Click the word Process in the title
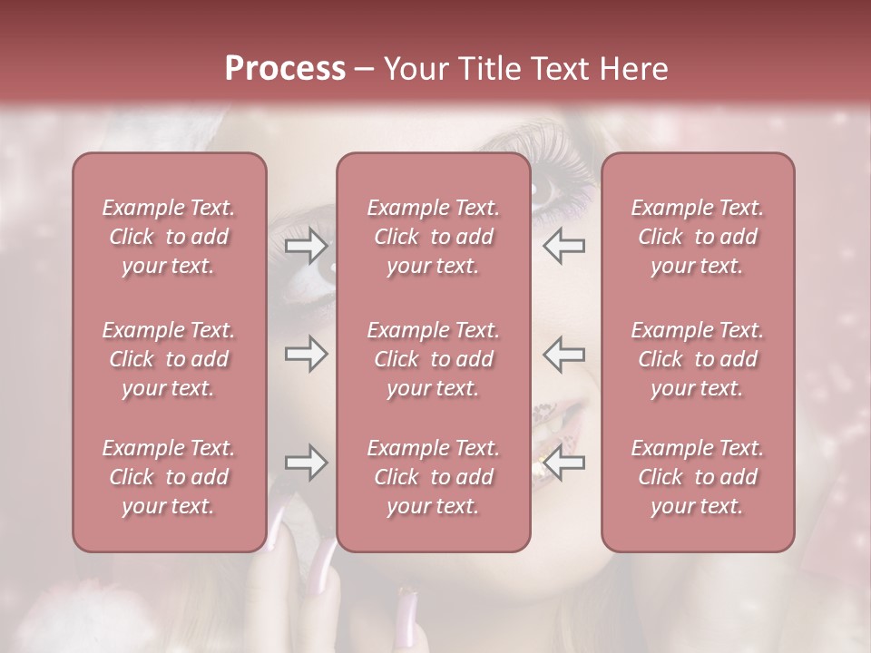coord(285,69)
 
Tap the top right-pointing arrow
coord(306,245)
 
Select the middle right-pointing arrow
coord(306,354)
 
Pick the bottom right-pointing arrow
coord(306,463)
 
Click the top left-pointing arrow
coord(564,245)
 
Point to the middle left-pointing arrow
coord(564,354)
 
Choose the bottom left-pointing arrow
coord(564,463)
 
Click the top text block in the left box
coord(169,237)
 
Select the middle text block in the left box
coord(169,359)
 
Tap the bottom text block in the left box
coord(169,477)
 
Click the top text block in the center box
coord(434,237)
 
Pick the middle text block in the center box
coord(434,359)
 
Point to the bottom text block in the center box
coord(434,477)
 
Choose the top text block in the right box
coord(698,237)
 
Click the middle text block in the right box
coord(698,359)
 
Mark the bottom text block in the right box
coord(698,477)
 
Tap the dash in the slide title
coord(365,70)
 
